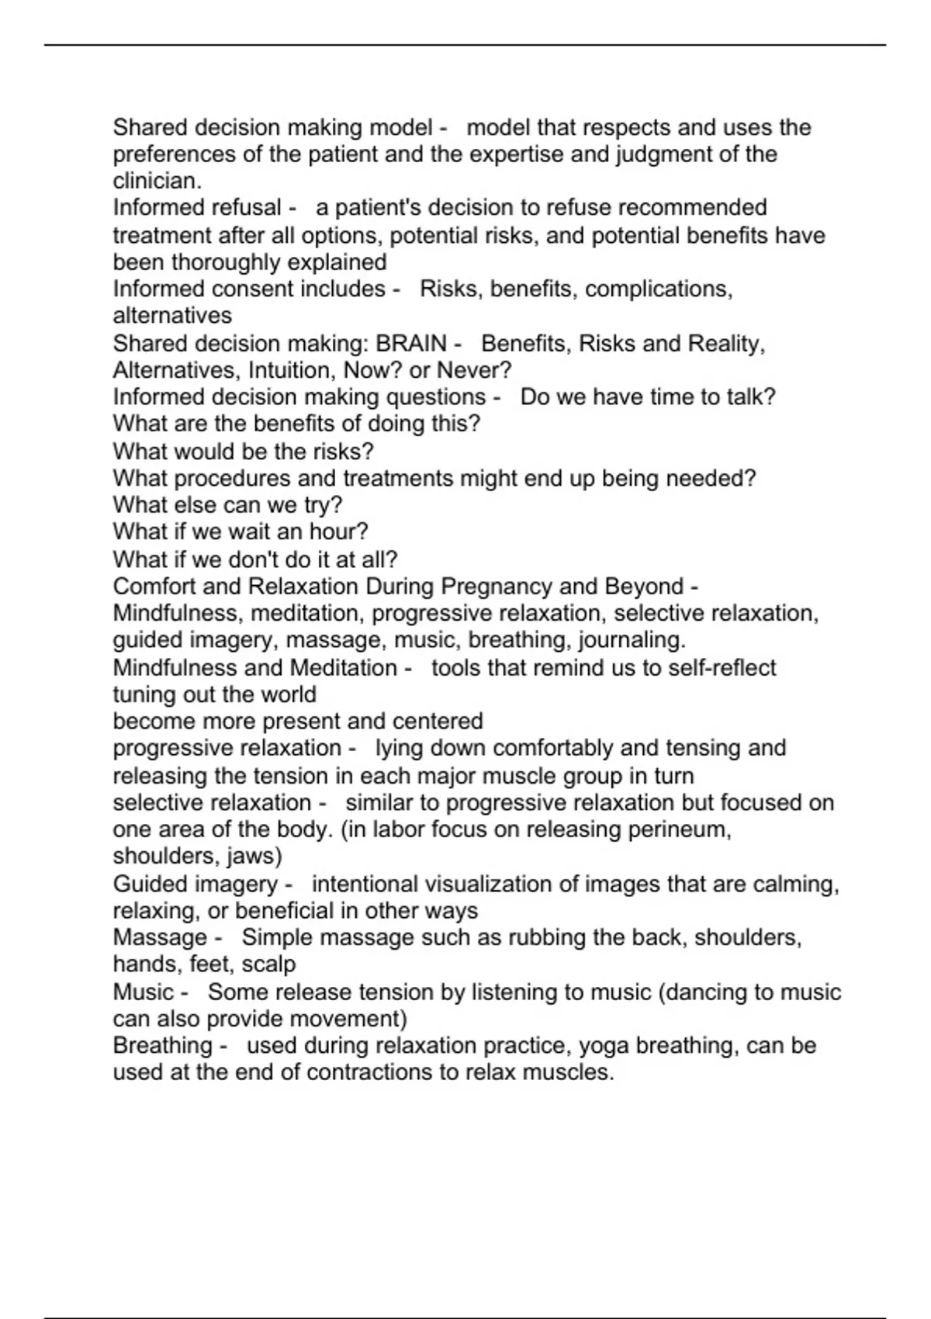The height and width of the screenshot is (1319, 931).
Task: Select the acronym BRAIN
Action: (411, 343)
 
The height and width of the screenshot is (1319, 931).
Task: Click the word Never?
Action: (473, 370)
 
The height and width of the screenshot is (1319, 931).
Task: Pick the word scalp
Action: (269, 964)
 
